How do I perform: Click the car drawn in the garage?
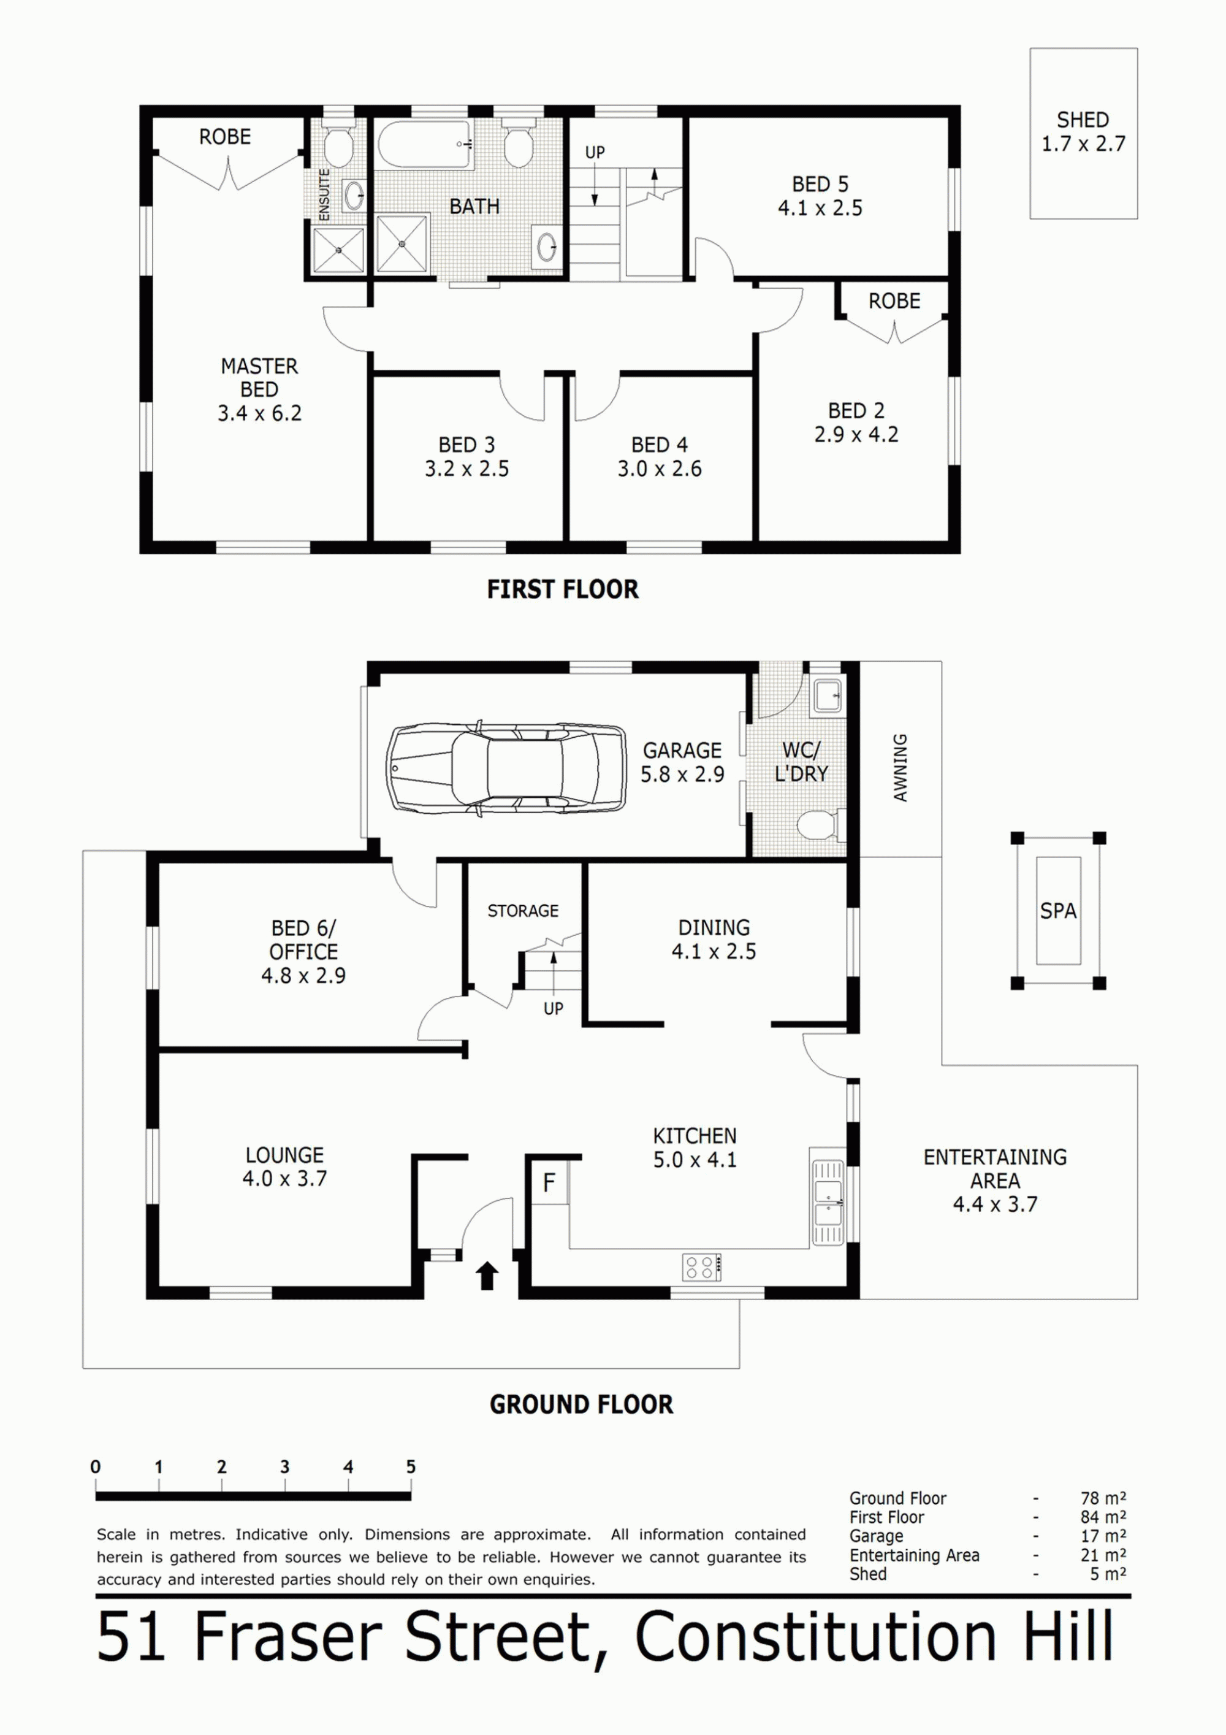pyautogui.click(x=506, y=768)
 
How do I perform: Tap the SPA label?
pyautogui.click(x=1057, y=911)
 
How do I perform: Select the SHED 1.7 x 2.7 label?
pyautogui.click(x=1083, y=131)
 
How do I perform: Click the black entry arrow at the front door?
pyautogui.click(x=487, y=1276)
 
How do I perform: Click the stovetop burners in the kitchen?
pyautogui.click(x=702, y=1267)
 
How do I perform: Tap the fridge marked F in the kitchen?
pyautogui.click(x=549, y=1182)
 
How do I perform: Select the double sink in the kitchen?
pyautogui.click(x=828, y=1202)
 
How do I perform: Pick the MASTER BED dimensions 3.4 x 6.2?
pyautogui.click(x=259, y=413)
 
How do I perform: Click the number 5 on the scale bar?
pyautogui.click(x=411, y=1466)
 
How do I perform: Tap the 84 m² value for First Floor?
pyautogui.click(x=1103, y=1517)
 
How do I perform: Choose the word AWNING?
pyautogui.click(x=900, y=767)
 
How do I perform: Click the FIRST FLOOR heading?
pyautogui.click(x=563, y=589)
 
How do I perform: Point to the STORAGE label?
pyautogui.click(x=523, y=911)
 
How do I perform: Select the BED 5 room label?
pyautogui.click(x=820, y=185)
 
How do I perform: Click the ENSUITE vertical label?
pyautogui.click(x=325, y=194)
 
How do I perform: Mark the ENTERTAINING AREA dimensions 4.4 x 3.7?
pyautogui.click(x=995, y=1204)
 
